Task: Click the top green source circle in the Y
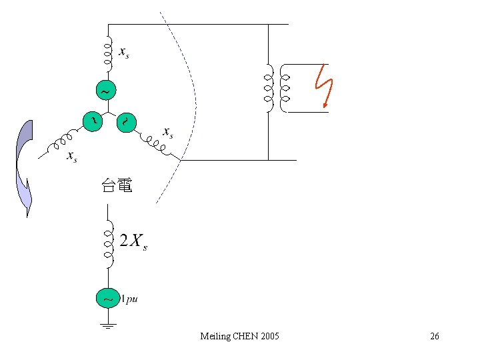coord(106,89)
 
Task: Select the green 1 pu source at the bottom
coord(107,299)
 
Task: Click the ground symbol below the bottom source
coord(107,327)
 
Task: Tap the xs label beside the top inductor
coord(124,52)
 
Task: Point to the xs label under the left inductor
coord(71,157)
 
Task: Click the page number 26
coord(434,336)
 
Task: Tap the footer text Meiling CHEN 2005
coord(239,336)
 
